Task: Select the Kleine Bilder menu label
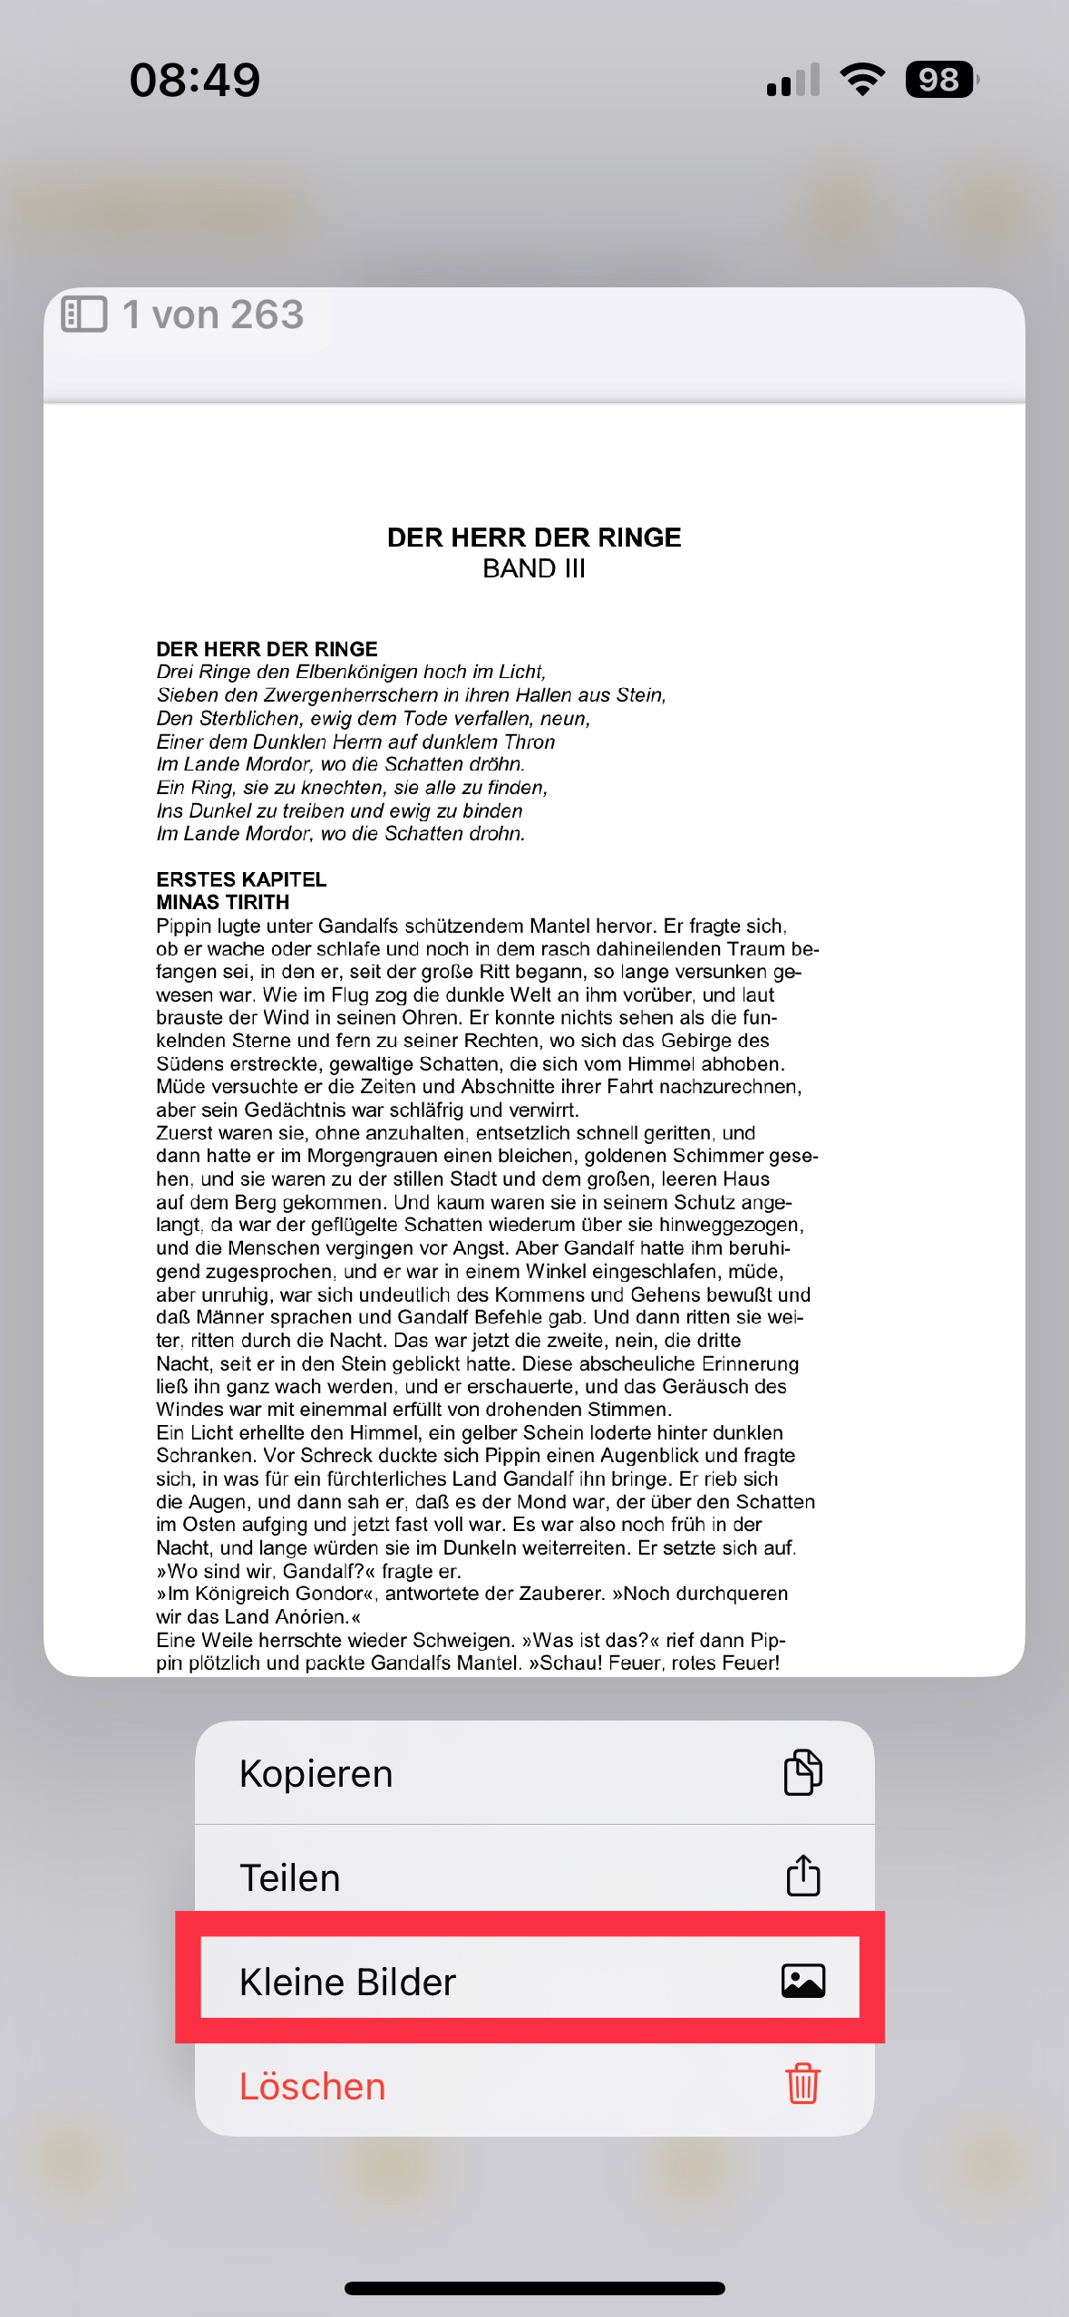(347, 1982)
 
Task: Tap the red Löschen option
(313, 2086)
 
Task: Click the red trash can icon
(802, 2083)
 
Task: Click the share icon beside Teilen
(802, 1875)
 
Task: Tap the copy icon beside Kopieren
(802, 1772)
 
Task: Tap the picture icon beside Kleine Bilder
(802, 1981)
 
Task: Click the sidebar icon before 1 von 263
(84, 315)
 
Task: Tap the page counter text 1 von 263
(213, 315)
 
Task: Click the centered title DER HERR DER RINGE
(534, 538)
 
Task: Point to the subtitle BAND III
(534, 568)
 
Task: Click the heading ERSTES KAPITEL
(241, 879)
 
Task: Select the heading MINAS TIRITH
(223, 902)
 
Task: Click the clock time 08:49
(195, 80)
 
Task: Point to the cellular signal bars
(792, 80)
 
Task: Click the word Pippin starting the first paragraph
(185, 926)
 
